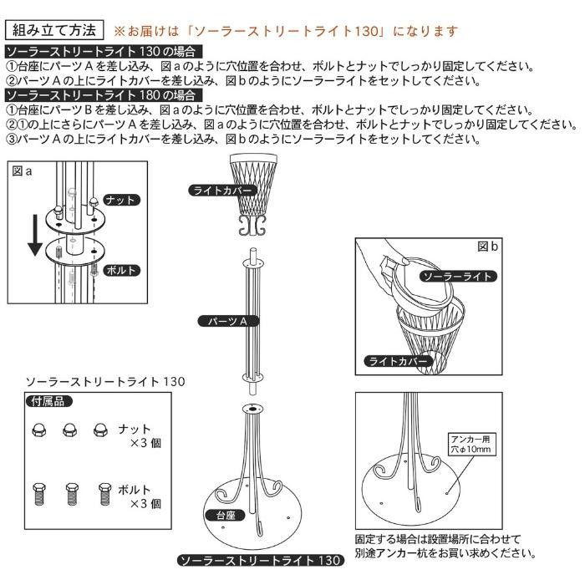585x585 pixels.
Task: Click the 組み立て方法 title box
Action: click(x=54, y=30)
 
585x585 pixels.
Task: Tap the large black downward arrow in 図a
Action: click(x=35, y=235)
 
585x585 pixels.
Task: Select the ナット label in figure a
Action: click(x=121, y=201)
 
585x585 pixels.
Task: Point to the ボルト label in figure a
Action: click(x=121, y=270)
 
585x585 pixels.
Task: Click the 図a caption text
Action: click(x=22, y=171)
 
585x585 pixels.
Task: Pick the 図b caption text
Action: click(x=487, y=247)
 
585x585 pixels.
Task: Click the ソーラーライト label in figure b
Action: click(x=459, y=276)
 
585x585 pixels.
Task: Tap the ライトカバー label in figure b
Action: click(x=398, y=361)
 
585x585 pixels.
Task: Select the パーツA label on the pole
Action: click(x=228, y=321)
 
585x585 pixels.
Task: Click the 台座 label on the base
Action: click(x=225, y=516)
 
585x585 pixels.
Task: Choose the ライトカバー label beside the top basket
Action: click(x=223, y=191)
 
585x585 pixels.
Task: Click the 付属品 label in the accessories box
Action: click(x=48, y=401)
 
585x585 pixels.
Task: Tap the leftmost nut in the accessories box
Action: click(x=38, y=430)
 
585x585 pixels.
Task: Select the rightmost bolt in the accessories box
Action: click(x=104, y=494)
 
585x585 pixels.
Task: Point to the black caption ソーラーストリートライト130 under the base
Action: click(x=260, y=561)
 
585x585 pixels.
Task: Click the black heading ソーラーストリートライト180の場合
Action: click(x=104, y=95)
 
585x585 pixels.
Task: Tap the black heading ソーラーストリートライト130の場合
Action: click(x=104, y=52)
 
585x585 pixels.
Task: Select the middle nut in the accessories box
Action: click(x=69, y=430)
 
